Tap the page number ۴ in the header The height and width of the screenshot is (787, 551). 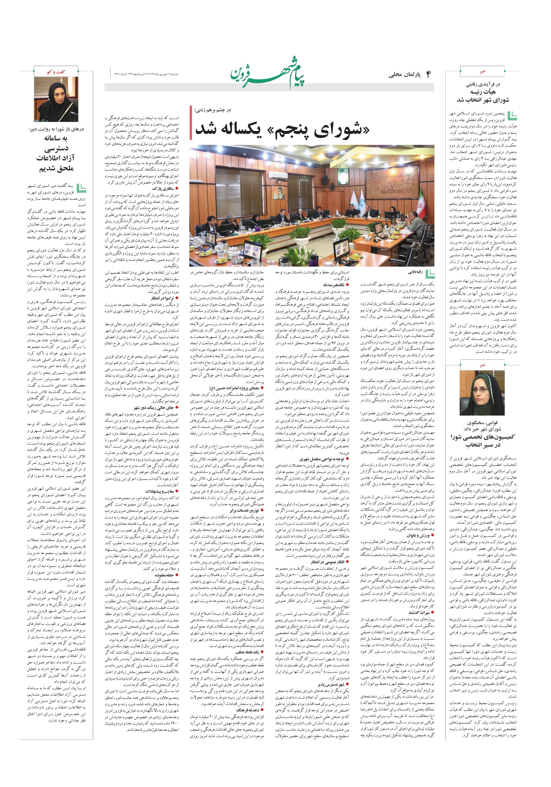tap(428, 74)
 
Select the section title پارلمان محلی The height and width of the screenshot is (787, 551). tap(405, 75)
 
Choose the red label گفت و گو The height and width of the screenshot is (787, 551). tap(56, 72)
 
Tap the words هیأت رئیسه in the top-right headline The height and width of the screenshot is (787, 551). tap(483, 92)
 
